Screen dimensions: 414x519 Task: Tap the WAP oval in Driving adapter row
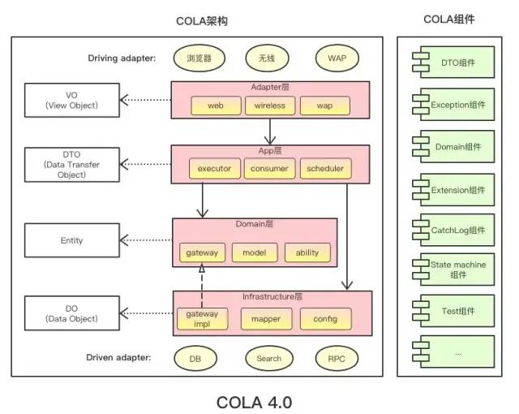coord(337,58)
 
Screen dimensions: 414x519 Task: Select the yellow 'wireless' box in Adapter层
coord(269,106)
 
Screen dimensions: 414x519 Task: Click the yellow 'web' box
coord(215,106)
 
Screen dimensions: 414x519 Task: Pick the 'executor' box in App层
coord(215,169)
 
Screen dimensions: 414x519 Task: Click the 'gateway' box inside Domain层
coord(201,252)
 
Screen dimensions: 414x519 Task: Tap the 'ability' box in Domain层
coord(307,252)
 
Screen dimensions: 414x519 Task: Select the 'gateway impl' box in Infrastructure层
coord(202,318)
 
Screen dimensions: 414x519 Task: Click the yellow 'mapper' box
coord(266,319)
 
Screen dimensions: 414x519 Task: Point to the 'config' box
coord(325,319)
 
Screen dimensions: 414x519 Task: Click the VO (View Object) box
coord(71,100)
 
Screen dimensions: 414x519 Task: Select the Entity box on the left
coord(71,240)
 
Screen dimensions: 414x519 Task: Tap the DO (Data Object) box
coord(71,313)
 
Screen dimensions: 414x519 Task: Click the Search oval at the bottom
coord(269,358)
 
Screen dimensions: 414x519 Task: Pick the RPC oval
coord(337,358)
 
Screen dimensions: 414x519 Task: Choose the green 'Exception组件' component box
coord(453,104)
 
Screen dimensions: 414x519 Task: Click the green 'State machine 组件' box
coord(453,270)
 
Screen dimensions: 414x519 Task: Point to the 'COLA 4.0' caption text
coord(253,402)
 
